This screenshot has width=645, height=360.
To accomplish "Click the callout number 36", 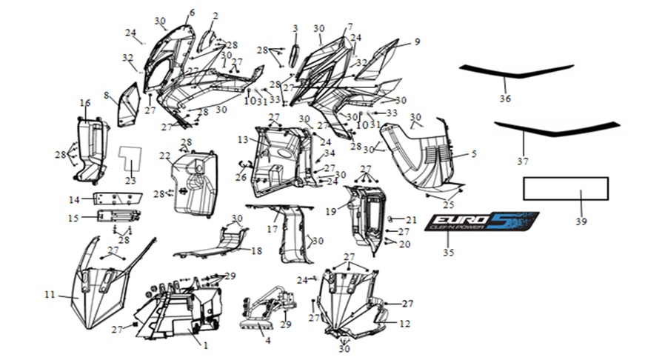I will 506,99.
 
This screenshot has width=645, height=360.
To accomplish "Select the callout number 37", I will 523,161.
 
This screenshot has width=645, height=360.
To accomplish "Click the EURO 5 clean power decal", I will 481,221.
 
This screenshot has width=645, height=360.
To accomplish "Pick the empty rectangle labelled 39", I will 566,189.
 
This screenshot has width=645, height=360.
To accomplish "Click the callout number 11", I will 50,295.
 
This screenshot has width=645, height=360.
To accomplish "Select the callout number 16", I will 86,102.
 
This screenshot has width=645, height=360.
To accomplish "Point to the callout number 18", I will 256,251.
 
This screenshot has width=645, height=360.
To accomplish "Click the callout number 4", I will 267,341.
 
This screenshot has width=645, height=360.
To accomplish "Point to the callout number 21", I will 412,220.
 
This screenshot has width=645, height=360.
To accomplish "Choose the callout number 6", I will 192,13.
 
